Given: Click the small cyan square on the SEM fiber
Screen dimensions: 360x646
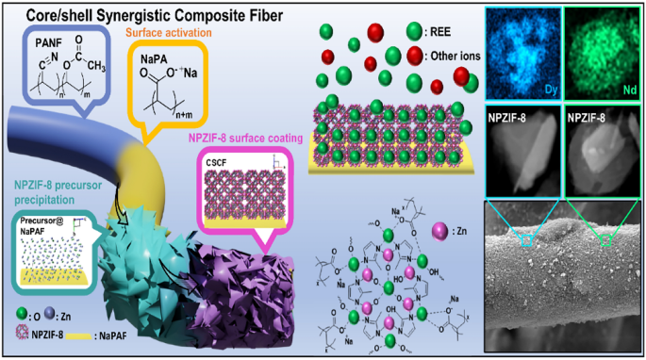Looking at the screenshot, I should coord(526,241).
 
